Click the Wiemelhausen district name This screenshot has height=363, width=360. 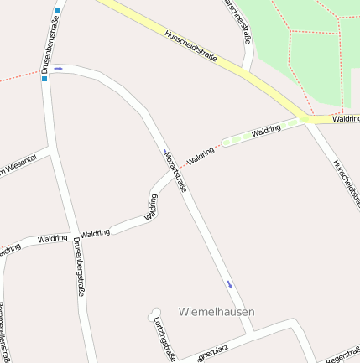pos(217,311)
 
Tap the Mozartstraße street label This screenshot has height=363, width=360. pos(175,168)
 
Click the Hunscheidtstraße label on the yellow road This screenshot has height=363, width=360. pos(192,46)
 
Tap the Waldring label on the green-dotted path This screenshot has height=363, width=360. pos(265,132)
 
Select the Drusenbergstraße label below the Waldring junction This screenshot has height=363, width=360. pos(79,267)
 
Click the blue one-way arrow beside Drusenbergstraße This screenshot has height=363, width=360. pos(59,70)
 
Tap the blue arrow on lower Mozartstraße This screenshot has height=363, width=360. pos(229,283)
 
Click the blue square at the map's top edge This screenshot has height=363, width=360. pos(56,11)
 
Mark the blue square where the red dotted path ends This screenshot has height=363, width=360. pos(44,80)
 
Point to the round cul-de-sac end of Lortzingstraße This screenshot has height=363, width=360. pos(154,312)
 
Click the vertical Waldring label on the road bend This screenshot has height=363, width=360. pos(152,206)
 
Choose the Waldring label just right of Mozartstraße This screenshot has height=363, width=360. pos(201,156)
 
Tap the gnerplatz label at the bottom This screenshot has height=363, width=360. pos(211,355)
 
